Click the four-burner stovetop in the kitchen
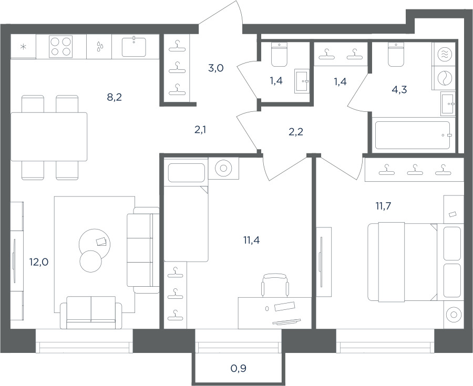coord(60,46)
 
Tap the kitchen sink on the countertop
coord(134,47)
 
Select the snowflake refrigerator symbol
coord(23,47)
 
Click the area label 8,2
coord(115,97)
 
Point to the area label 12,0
coord(39,262)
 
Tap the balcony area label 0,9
coord(239,368)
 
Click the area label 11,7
coord(383,206)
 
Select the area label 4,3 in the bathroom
coord(400,89)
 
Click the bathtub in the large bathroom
coord(413,134)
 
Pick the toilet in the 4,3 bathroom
coord(396,55)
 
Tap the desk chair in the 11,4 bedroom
coord(275,285)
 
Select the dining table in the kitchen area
coord(49,137)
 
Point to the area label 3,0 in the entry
coord(216,68)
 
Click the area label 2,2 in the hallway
coord(295,132)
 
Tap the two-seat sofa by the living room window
coord(91,312)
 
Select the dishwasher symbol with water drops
coord(99,47)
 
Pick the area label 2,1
coord(200,130)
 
